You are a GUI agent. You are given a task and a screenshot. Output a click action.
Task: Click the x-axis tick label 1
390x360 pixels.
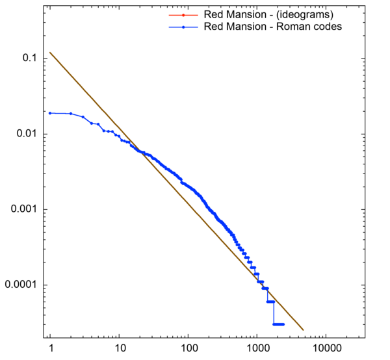[x=50, y=348]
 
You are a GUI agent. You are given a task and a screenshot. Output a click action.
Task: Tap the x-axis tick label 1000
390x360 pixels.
[x=257, y=348]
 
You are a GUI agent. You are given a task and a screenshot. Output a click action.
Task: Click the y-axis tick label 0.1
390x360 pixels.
[x=29, y=58]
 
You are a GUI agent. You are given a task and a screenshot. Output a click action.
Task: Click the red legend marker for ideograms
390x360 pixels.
[x=184, y=15]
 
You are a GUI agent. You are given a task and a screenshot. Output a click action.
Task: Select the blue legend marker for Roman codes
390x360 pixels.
[x=184, y=27]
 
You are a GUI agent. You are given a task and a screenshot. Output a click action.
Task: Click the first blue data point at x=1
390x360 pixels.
[x=50, y=112]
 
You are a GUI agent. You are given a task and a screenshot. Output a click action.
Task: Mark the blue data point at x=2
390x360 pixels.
[x=71, y=114]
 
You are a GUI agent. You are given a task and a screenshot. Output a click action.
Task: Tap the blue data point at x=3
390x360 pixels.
[x=83, y=117]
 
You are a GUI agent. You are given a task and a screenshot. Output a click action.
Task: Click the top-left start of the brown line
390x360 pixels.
[x=50, y=53]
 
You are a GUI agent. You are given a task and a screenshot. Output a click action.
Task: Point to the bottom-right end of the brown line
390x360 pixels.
[x=303, y=329]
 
